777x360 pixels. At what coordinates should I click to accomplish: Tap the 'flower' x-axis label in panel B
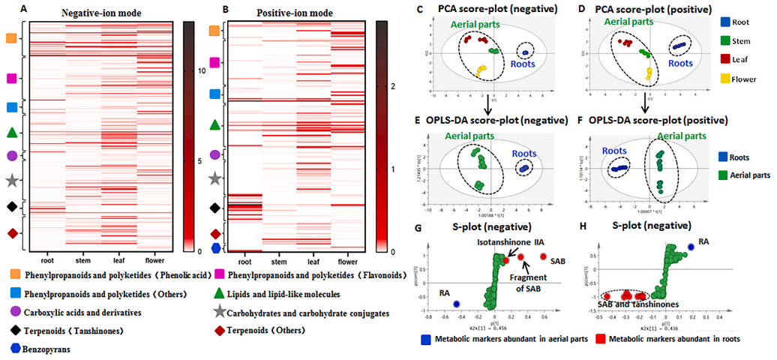click(347, 262)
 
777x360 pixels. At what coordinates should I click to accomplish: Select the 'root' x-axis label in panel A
click(46, 262)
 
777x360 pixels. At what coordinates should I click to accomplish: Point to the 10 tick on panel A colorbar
click(198, 69)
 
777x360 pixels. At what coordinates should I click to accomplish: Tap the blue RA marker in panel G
click(456, 304)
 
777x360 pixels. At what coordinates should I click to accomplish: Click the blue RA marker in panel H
click(691, 246)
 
